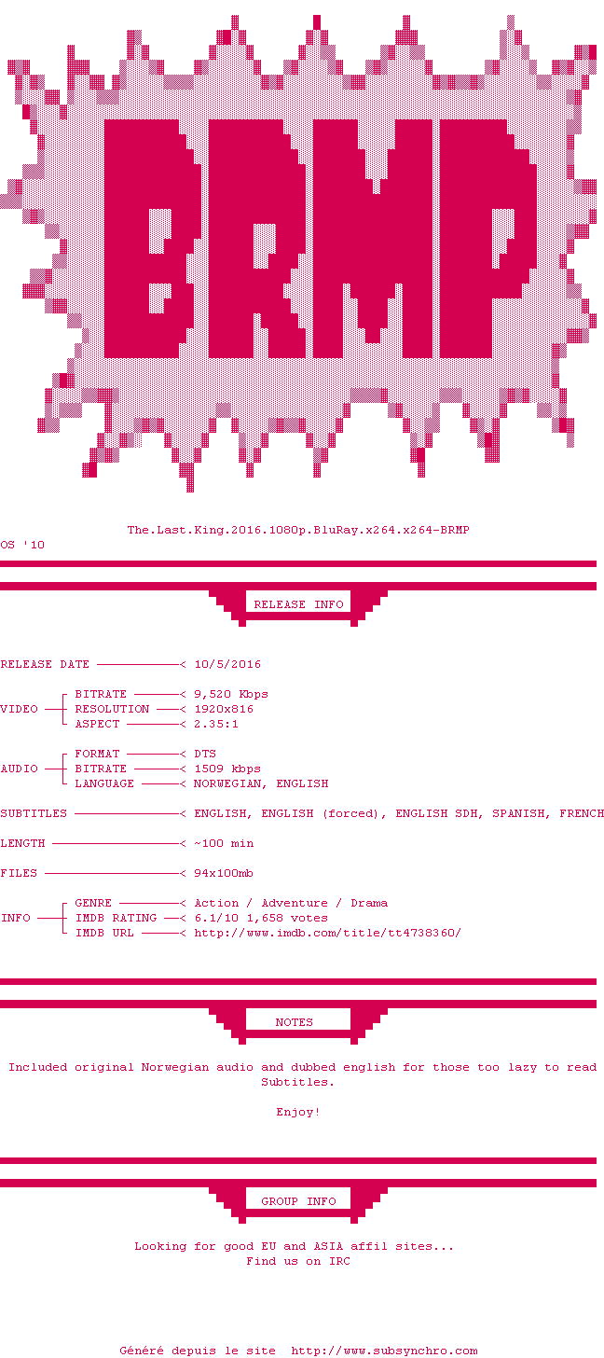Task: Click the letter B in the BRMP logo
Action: click(x=152, y=238)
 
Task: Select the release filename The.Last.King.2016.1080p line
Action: click(x=298, y=530)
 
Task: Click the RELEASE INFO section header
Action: click(x=298, y=604)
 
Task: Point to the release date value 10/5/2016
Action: click(x=227, y=664)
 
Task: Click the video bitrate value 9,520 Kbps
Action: click(x=231, y=694)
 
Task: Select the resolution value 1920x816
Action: click(x=224, y=709)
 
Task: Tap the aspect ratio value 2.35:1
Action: click(x=216, y=724)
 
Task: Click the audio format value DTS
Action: click(x=205, y=755)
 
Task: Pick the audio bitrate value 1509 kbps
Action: click(x=227, y=769)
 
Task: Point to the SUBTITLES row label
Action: click(x=34, y=813)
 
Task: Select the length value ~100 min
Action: click(x=224, y=843)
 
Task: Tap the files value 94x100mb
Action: click(x=224, y=873)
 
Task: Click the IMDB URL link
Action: click(x=328, y=933)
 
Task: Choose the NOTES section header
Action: click(x=295, y=1022)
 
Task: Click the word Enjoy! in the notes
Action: click(x=298, y=1112)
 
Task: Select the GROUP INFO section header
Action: click(x=298, y=1201)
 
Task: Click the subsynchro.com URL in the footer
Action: click(x=384, y=1351)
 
